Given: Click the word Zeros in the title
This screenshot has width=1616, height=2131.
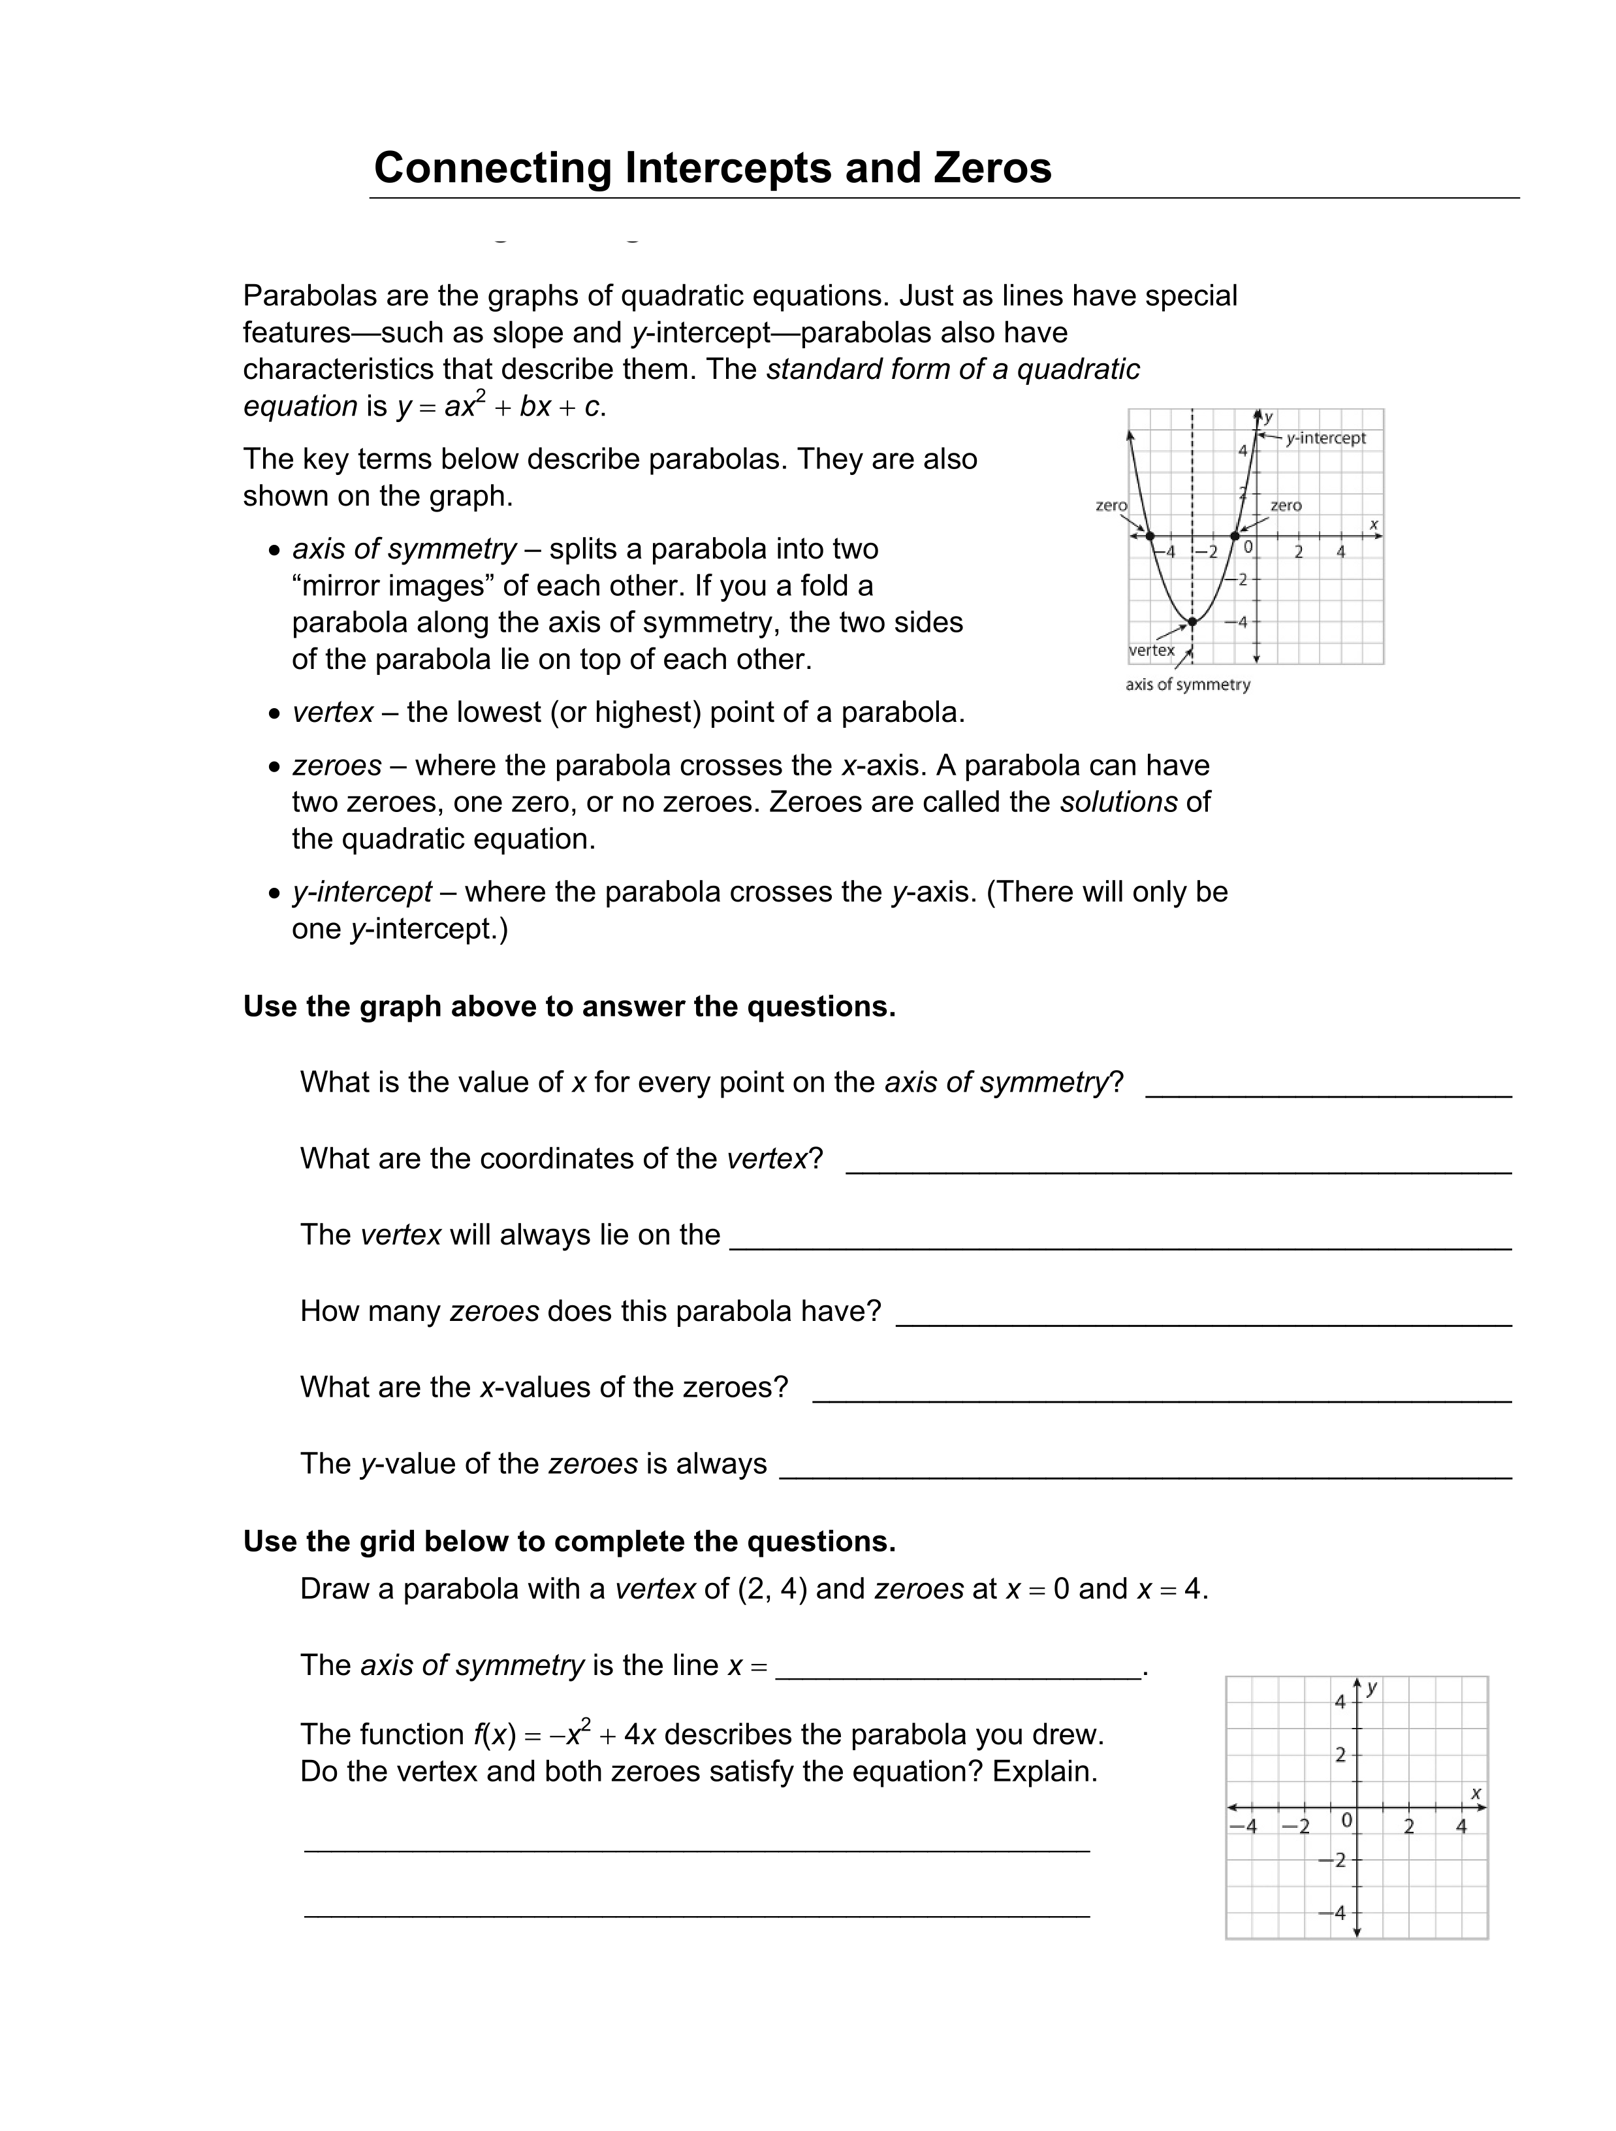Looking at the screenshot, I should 992,168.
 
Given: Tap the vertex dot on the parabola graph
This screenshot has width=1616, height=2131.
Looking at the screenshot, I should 1192,621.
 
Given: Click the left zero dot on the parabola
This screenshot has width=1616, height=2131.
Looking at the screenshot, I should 1150,536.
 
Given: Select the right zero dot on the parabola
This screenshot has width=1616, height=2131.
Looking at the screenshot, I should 1235,536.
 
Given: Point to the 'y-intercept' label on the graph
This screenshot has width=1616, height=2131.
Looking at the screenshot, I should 1325,438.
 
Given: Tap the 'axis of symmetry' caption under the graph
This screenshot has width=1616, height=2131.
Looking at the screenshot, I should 1188,685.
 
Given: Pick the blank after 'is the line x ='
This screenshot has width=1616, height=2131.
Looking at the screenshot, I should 959,1668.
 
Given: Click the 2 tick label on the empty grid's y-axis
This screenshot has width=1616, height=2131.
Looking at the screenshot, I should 1340,1755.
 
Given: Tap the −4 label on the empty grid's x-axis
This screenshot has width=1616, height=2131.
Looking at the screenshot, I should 1243,1826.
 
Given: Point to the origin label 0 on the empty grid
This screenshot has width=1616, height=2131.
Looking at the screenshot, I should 1346,1820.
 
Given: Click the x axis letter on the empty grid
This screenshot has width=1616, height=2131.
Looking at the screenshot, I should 1476,1793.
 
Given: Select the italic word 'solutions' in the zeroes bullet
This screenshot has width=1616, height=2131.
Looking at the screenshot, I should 1118,802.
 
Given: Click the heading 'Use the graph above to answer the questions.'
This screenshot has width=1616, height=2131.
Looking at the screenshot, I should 569,1007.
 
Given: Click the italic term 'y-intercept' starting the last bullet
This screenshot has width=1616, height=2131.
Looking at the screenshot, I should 362,892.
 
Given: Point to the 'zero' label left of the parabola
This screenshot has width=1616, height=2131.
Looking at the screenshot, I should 1111,505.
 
